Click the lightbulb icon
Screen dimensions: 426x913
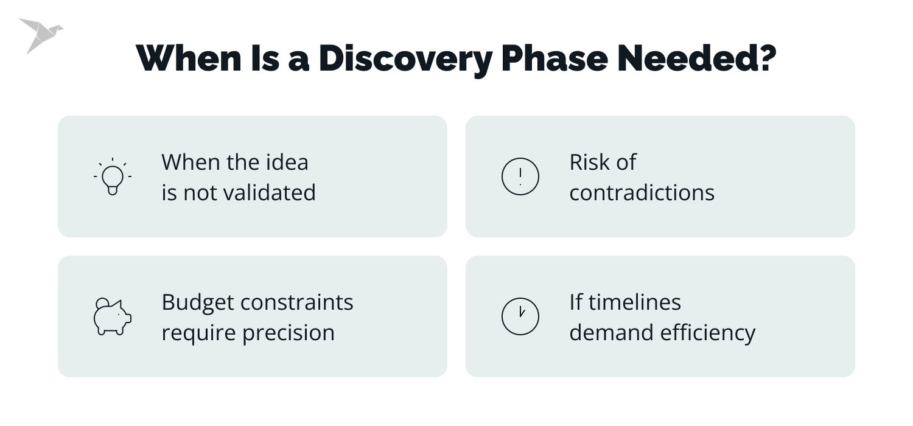click(x=113, y=176)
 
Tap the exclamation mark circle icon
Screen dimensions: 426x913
click(x=520, y=176)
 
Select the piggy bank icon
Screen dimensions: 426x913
click(x=113, y=316)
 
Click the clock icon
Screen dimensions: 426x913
click(x=520, y=316)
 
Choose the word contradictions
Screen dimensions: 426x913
click(x=642, y=192)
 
